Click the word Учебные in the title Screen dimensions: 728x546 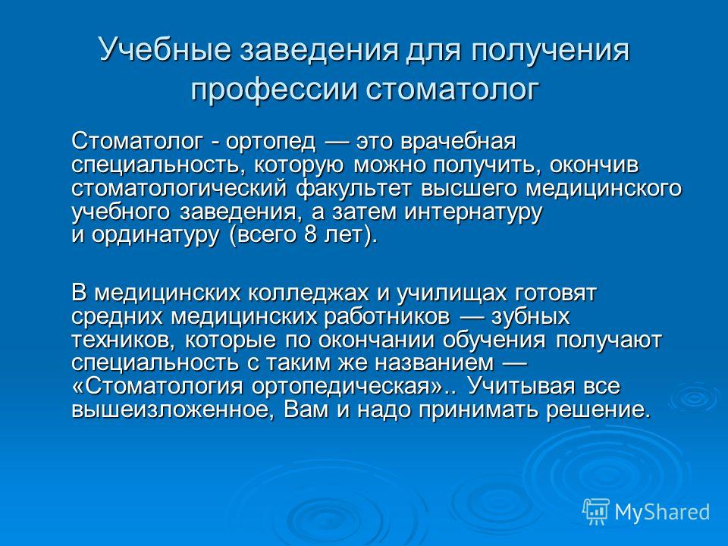(x=165, y=50)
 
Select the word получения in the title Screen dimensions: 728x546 (x=551, y=50)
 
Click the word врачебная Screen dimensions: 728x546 (x=459, y=141)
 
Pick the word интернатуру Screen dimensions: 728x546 (x=472, y=212)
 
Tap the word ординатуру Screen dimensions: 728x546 (x=155, y=235)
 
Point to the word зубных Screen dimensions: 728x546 (x=530, y=317)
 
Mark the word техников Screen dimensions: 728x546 (x=124, y=340)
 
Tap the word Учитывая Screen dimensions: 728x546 (x=522, y=387)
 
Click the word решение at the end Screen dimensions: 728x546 (x=597, y=410)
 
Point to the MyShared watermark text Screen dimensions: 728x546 (x=663, y=512)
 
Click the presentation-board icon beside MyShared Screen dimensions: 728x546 (x=596, y=511)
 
